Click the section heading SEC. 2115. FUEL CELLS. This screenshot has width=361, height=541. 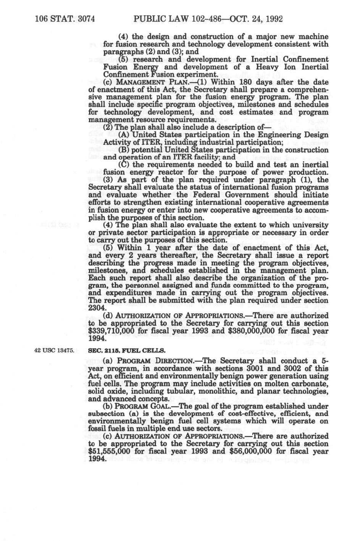127,351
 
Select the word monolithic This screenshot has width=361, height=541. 222,391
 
